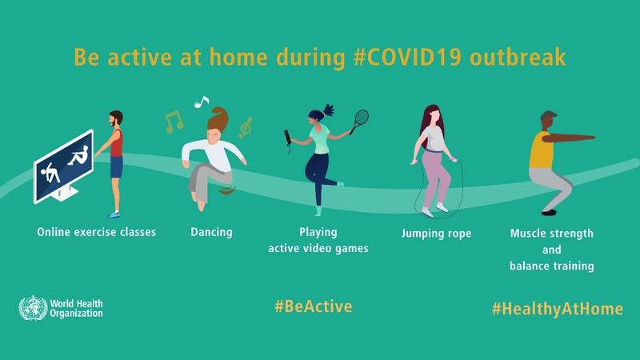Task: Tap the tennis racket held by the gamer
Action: point(361,122)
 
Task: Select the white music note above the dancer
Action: point(201,102)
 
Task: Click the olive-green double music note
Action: point(174,121)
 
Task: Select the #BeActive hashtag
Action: point(313,306)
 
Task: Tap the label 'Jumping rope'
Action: point(436,234)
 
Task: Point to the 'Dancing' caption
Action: point(211,233)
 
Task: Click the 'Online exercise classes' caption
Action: point(96,233)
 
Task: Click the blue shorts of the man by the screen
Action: point(116,166)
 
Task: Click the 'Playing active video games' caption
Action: point(318,241)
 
